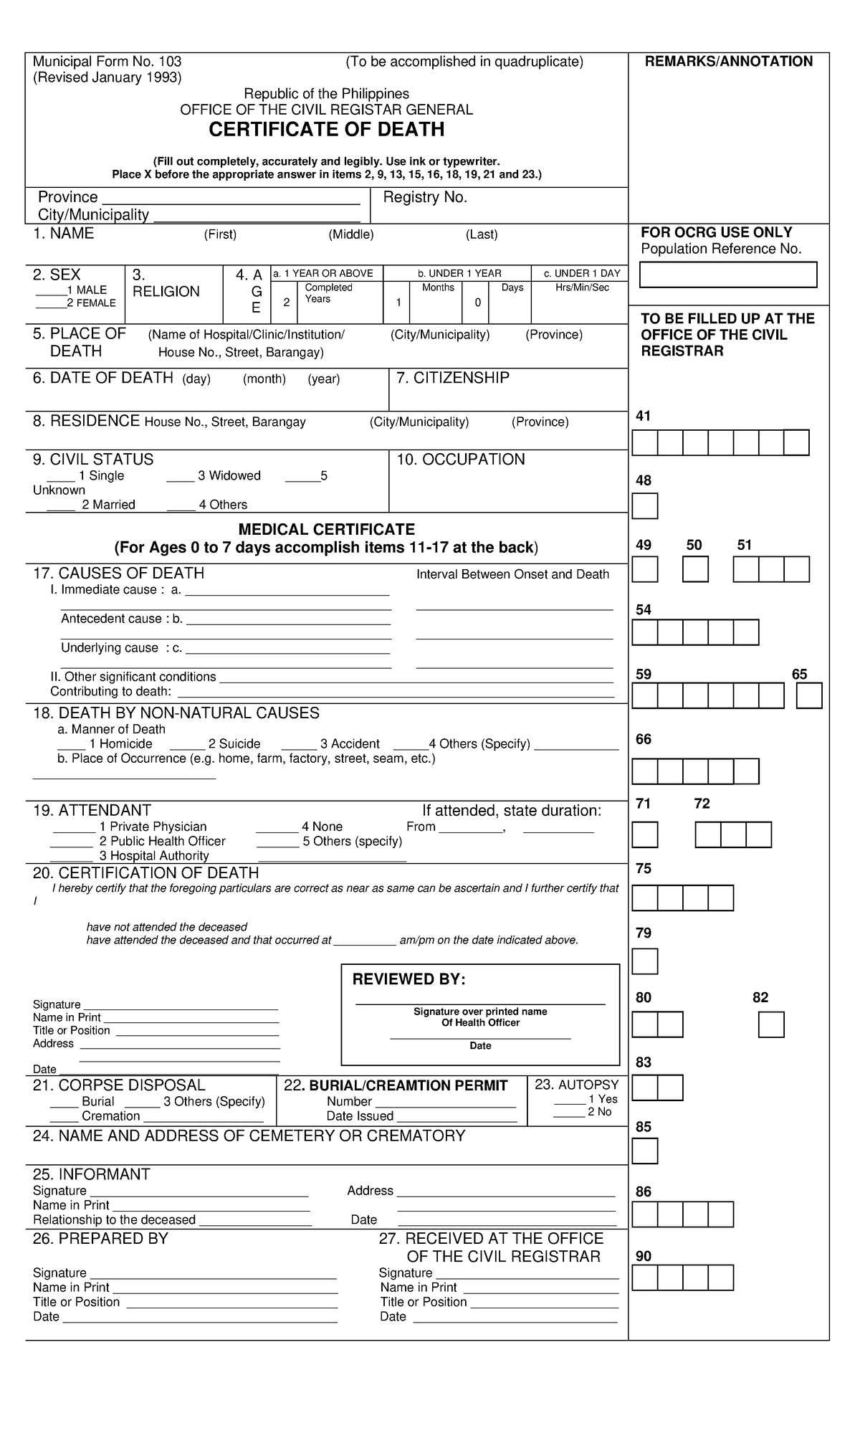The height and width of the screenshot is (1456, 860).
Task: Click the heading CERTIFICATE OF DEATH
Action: click(326, 130)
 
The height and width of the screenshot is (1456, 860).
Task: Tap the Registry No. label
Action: click(425, 198)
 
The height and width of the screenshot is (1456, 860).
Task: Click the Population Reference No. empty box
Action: click(727, 275)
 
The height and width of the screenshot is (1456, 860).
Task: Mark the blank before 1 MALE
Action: click(51, 290)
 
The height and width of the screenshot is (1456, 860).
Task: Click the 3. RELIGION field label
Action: click(166, 284)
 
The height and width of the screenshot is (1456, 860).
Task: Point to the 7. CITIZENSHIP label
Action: click(452, 378)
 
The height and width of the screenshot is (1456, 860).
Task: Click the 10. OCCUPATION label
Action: click(461, 460)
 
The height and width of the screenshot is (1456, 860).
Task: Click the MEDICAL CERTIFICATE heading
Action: click(326, 530)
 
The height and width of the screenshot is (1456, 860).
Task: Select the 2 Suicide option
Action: click(234, 744)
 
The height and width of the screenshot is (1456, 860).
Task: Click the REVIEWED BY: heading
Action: click(408, 980)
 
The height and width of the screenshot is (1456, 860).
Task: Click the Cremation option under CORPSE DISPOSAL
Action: click(110, 1116)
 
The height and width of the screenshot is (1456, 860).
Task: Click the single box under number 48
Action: click(644, 506)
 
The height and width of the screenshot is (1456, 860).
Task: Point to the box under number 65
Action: click(809, 696)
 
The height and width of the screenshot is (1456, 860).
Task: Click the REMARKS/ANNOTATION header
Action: click(728, 62)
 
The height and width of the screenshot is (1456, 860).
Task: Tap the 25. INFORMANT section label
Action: click(91, 1174)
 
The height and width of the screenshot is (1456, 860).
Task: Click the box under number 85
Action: click(644, 1151)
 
